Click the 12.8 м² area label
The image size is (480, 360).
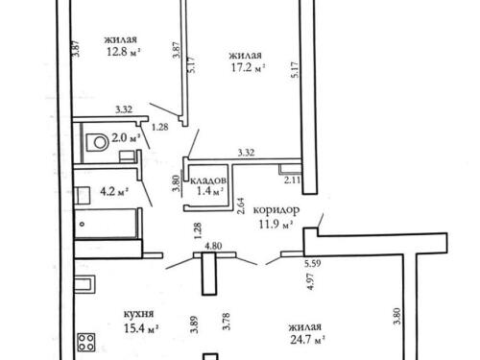point(124,52)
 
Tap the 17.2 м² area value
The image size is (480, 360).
point(249,68)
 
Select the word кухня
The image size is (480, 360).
point(139,314)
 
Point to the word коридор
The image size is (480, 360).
point(276,210)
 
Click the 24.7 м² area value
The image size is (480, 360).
point(308,339)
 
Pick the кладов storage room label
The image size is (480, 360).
point(208,180)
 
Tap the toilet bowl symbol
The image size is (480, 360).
point(97,142)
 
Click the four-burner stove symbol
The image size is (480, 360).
point(86,343)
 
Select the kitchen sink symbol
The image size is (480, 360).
point(84,284)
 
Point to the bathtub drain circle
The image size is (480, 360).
point(83,224)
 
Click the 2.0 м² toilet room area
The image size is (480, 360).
point(127,138)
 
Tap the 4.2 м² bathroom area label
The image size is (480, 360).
point(114,192)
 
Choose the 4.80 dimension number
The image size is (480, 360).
point(213,247)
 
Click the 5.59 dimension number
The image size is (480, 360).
point(313,264)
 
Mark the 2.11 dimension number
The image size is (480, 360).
point(293,180)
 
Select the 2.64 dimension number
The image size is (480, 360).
point(241,205)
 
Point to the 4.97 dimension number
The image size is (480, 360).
point(310,282)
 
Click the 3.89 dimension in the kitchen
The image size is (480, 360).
point(194,324)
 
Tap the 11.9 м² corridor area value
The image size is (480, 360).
point(276,225)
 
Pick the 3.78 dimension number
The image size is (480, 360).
point(227,322)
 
